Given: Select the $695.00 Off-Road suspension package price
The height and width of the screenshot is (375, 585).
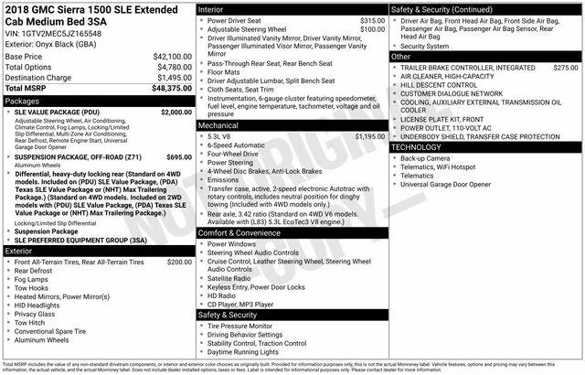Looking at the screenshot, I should (179, 157).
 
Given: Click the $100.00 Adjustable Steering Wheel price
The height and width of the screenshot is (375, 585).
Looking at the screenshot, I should (372, 28).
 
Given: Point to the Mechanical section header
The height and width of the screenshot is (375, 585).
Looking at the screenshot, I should (218, 124).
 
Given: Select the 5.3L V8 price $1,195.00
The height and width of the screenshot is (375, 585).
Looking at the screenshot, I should (369, 136).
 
